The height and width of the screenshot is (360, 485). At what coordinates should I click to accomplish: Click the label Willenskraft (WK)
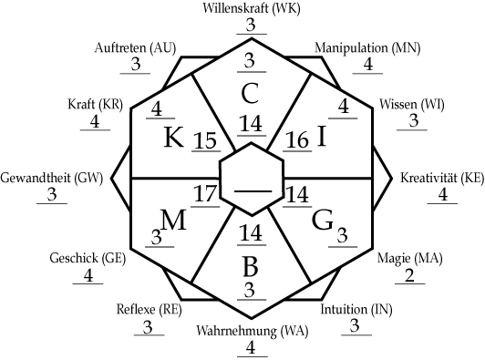pos(250,9)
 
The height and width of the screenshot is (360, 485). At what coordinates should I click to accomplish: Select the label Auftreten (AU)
pos(135,46)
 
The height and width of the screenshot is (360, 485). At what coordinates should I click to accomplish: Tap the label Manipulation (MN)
pos(356,46)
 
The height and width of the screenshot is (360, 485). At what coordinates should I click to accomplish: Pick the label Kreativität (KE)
pos(442,177)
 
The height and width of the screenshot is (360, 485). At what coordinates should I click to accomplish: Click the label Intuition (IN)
pos(356,310)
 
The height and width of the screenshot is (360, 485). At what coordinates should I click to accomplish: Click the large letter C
pos(249,93)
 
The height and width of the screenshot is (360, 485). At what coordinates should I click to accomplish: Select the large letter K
pos(173,139)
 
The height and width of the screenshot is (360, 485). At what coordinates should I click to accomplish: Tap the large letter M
pos(173,220)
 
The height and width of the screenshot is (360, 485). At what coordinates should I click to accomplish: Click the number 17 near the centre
pos(206,193)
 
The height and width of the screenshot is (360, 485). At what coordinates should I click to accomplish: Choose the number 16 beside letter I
pos(297,139)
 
